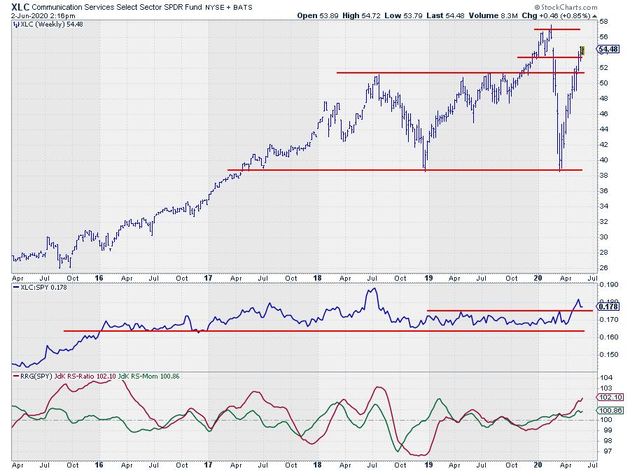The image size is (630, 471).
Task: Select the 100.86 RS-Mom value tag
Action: point(606,410)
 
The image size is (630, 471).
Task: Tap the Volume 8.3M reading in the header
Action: point(496,15)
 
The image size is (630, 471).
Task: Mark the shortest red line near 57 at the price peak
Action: point(557,29)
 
